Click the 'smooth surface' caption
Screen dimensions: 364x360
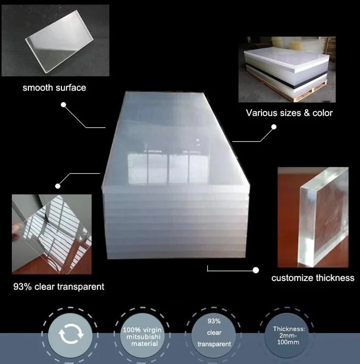tap(54, 88)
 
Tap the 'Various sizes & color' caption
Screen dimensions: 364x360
tap(289, 113)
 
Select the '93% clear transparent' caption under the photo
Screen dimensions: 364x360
tap(58, 287)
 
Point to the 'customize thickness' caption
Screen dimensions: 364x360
tap(312, 278)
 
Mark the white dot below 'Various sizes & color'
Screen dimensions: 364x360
tap(274, 127)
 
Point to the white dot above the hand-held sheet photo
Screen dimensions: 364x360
tap(58, 186)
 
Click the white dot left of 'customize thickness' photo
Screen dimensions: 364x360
tap(256, 270)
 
